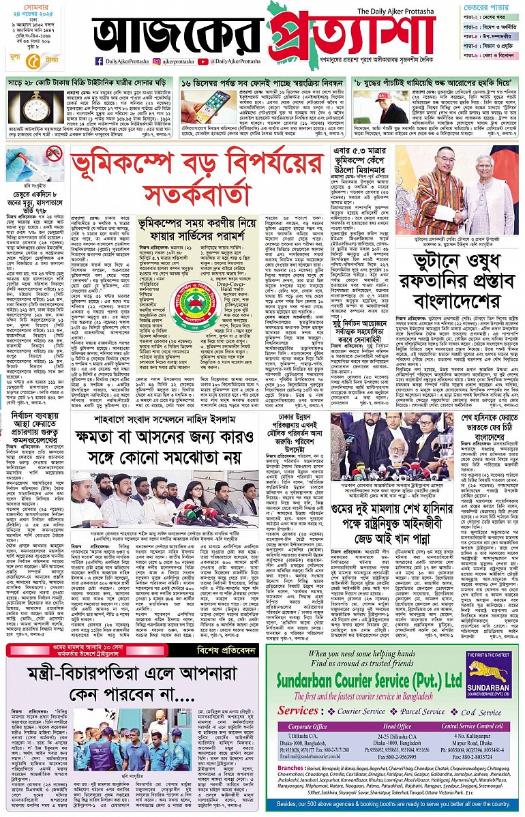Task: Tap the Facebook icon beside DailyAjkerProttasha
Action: point(99,61)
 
